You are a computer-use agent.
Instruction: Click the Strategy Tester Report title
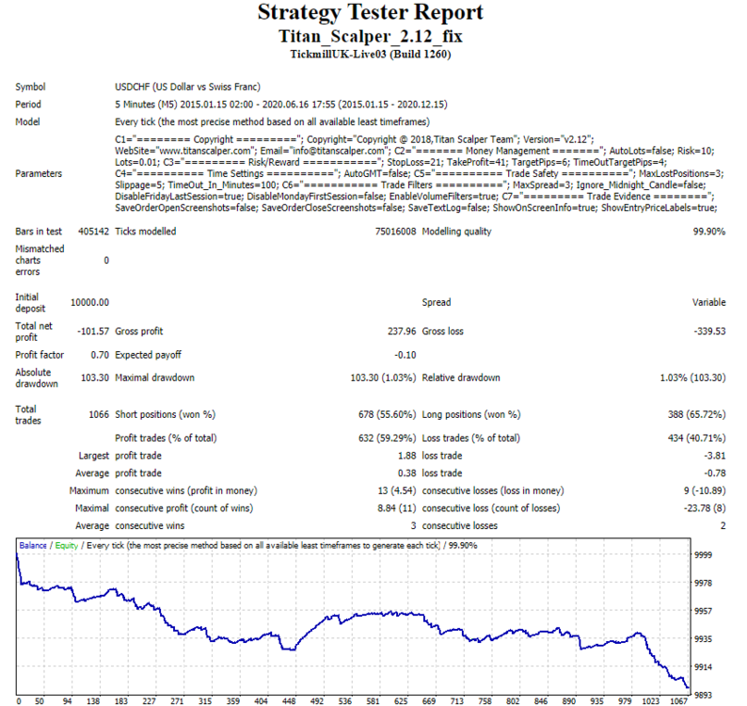370,13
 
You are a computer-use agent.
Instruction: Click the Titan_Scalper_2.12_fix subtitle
370,36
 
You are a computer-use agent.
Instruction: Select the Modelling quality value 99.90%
708,232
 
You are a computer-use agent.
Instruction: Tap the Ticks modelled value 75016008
395,232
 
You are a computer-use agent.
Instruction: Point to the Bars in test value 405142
93,232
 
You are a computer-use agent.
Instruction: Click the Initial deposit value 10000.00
89,303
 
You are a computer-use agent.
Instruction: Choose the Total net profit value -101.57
93,331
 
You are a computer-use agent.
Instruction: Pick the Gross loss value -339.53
709,331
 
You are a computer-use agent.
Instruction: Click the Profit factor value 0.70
100,355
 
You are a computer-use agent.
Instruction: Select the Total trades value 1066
99,415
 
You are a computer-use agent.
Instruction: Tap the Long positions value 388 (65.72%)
696,415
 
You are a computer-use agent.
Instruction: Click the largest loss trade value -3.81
715,456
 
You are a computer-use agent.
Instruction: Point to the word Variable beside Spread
708,302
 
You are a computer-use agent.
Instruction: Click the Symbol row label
30,88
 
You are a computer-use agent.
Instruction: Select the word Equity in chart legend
66,546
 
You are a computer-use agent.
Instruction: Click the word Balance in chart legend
33,545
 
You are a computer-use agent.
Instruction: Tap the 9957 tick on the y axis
703,611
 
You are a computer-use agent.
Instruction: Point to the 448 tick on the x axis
289,701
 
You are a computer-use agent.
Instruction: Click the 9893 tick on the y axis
703,696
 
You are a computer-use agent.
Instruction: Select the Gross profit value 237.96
402,331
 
